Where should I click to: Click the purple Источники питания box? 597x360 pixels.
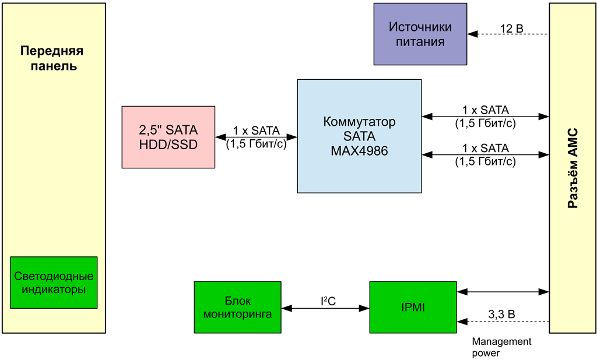[x=420, y=34]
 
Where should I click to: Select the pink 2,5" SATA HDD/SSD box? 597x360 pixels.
[x=168, y=137]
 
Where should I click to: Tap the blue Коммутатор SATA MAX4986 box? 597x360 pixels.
[x=359, y=136]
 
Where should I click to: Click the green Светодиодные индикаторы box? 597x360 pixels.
[x=54, y=283]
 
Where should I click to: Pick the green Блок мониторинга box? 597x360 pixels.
[x=237, y=307]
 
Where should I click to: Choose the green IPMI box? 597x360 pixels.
[x=413, y=307]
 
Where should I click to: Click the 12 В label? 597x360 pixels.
[x=512, y=27]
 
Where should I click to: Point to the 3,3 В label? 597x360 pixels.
[x=501, y=315]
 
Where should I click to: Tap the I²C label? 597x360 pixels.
[x=328, y=301]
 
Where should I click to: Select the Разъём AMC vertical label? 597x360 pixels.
[x=573, y=169]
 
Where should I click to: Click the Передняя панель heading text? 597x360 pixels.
[x=52, y=58]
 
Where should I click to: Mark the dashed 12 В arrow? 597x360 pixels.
[x=507, y=34]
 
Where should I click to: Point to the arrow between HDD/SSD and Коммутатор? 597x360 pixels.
[x=256, y=137]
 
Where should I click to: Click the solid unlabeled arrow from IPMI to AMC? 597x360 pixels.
[x=503, y=291]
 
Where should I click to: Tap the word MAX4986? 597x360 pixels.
[x=359, y=150]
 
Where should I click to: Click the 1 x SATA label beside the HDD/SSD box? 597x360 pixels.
[x=256, y=130]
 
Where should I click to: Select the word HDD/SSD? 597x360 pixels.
[x=168, y=144]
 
